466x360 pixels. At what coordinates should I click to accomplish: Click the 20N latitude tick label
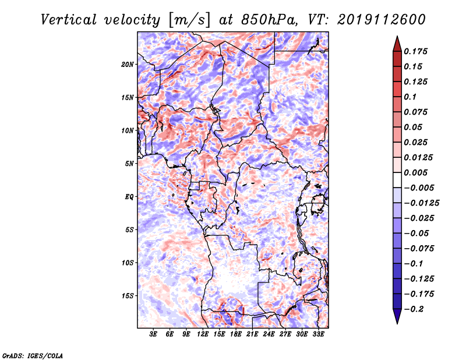coord(128,65)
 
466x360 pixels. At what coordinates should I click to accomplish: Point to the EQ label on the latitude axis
coord(129,197)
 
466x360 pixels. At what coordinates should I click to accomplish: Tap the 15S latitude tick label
coord(128,296)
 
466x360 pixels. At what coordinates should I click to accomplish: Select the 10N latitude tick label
coord(128,130)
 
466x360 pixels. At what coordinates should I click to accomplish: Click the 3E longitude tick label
coord(153,334)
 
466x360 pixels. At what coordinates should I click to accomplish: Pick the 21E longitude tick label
coord(252,334)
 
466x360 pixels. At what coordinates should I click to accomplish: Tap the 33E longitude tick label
coord(318,334)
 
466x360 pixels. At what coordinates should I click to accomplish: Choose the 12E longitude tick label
coord(203,334)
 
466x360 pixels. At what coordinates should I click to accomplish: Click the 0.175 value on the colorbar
coord(415,51)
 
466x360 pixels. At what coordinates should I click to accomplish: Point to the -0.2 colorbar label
coord(414,309)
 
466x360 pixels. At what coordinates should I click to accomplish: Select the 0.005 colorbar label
coord(415,172)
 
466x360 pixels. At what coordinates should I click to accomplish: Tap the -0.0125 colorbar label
coord(421,203)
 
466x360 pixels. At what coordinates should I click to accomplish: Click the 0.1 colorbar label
coord(410,97)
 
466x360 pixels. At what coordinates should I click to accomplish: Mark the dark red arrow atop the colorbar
coord(397,44)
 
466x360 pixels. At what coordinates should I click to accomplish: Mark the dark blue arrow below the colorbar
coord(397,316)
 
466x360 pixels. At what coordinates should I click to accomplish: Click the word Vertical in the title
coord(68,20)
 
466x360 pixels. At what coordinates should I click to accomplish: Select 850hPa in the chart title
coord(269,20)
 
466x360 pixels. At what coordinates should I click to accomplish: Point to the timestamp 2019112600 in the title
coord(382,20)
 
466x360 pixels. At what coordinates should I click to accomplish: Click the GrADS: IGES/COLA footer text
coord(33,355)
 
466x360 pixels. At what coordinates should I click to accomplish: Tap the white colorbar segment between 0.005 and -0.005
coord(397,180)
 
